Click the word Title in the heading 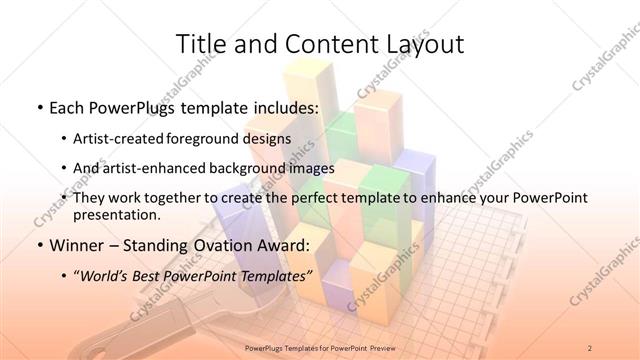click(x=200, y=44)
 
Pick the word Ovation click(x=207, y=245)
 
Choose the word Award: click(x=276, y=245)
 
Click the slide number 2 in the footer click(x=590, y=347)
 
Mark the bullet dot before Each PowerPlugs click(x=38, y=106)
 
